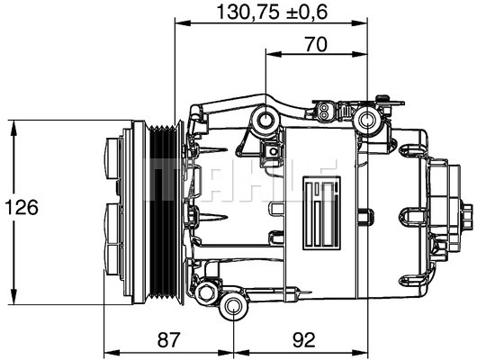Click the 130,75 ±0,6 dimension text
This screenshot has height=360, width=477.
[273, 13]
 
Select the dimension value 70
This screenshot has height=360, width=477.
[317, 44]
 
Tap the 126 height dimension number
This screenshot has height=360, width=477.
[22, 207]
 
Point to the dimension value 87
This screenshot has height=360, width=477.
[169, 339]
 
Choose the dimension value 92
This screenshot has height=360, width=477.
[304, 339]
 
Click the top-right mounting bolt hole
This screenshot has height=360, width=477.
[367, 121]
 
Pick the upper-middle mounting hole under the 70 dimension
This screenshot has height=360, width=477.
[265, 119]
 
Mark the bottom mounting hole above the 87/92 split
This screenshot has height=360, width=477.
[233, 307]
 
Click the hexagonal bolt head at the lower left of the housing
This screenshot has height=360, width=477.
[206, 292]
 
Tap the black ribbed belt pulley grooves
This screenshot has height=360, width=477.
[164, 211]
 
